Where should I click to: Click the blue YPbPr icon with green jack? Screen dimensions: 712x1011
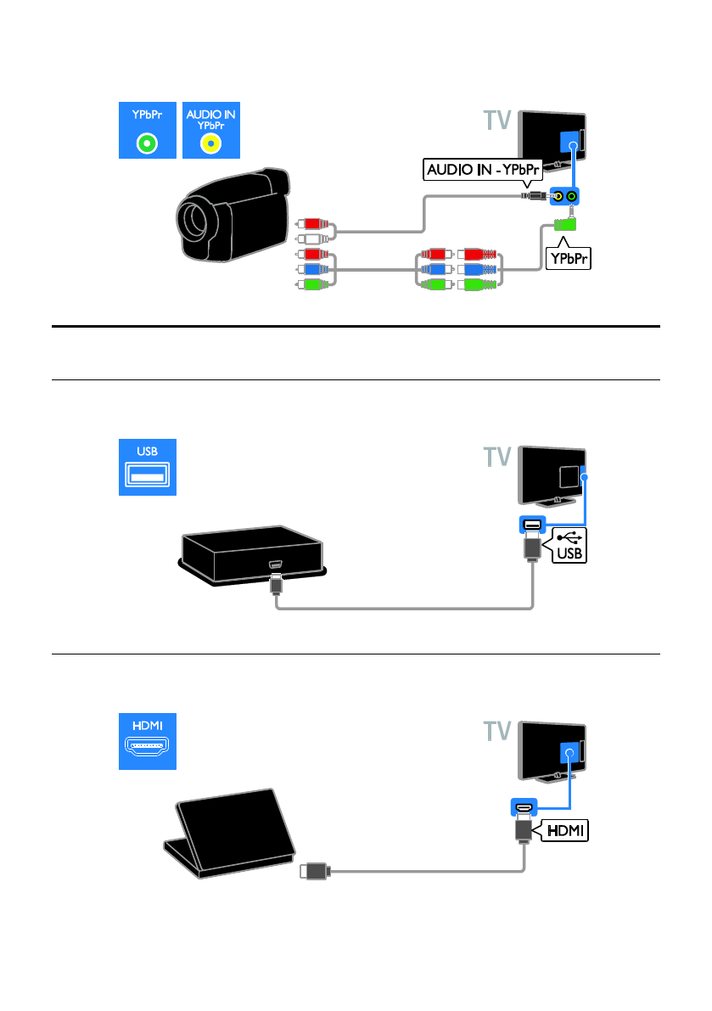click(148, 130)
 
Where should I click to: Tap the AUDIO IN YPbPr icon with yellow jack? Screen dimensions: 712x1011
click(211, 130)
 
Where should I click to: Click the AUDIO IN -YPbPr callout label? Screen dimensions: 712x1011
click(483, 170)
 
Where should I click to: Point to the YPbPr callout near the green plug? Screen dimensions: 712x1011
click(569, 259)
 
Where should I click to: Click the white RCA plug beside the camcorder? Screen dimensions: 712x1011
click(312, 239)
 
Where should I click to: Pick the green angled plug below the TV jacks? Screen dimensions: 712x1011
click(565, 224)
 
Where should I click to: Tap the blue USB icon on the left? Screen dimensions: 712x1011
click(148, 468)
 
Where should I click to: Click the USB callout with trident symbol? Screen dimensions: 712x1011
click(569, 546)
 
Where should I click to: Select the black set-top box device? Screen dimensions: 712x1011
click(252, 554)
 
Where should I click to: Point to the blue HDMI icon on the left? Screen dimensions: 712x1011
click(148, 742)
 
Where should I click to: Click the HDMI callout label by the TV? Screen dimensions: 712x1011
click(566, 830)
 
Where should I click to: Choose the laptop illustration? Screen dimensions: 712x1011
click(229, 833)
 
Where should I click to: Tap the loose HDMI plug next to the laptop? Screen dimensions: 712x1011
click(315, 872)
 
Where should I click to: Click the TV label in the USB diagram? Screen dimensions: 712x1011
click(497, 458)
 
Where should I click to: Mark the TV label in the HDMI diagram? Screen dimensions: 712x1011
click(497, 731)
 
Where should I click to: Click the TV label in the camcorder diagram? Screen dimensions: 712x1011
click(497, 121)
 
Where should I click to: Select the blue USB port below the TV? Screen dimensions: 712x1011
click(532, 525)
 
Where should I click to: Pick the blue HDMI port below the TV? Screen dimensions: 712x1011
click(524, 806)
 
